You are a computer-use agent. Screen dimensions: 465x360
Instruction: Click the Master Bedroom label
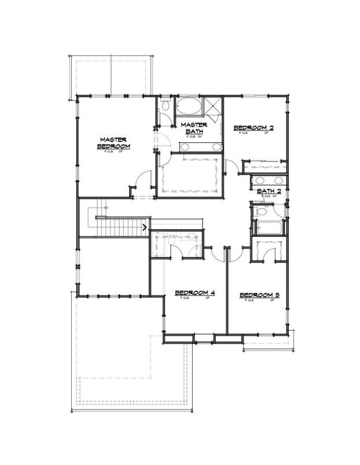(x=114, y=143)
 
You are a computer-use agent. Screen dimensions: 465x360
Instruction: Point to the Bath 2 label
(x=269, y=191)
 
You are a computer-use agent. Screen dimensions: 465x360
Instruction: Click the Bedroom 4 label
(x=195, y=293)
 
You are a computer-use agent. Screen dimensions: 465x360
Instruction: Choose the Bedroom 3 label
(x=260, y=296)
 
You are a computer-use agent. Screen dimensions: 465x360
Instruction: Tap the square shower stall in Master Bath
(x=213, y=105)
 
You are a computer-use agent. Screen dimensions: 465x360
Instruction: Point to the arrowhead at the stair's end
(x=144, y=227)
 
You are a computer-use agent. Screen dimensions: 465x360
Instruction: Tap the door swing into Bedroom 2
(x=231, y=167)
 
